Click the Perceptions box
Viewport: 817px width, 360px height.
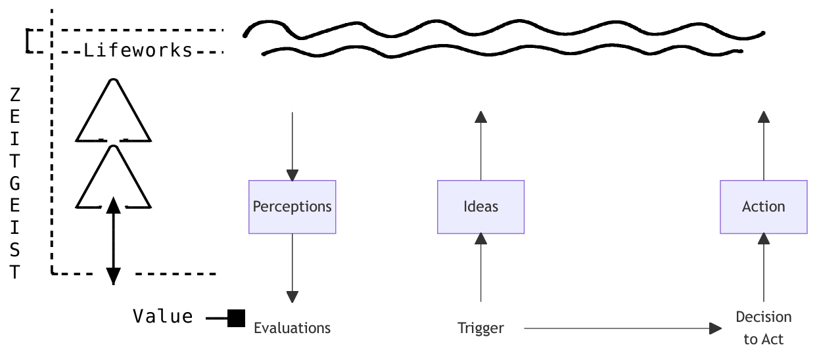click(x=292, y=207)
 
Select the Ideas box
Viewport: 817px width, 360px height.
click(x=480, y=207)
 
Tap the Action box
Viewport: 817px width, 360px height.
click(x=763, y=207)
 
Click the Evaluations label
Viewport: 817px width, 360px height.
click(x=292, y=328)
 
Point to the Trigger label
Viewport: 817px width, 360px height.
click(x=480, y=328)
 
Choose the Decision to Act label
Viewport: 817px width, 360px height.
click(x=763, y=327)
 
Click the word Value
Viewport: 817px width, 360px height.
click(x=163, y=317)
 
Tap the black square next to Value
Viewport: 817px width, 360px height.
click(x=236, y=319)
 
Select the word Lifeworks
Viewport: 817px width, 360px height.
click(x=138, y=51)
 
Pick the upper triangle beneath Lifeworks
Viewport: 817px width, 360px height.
click(x=114, y=112)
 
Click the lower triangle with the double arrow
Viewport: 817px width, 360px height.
click(x=114, y=177)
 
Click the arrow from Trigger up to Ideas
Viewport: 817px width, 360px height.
click(x=480, y=269)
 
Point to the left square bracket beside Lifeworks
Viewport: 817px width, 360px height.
click(x=28, y=41)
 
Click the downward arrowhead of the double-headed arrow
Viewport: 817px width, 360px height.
click(x=114, y=277)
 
